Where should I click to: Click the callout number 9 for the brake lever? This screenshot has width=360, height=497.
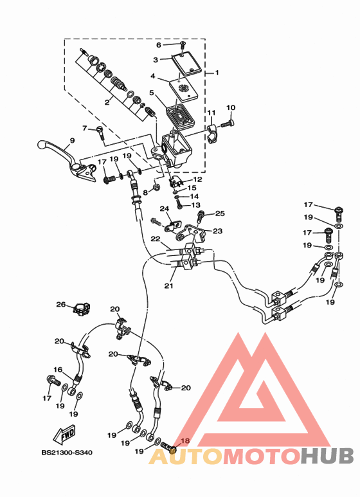click(x=72, y=140)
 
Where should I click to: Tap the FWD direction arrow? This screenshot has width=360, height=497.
click(x=64, y=435)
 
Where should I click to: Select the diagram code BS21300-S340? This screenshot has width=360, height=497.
click(x=67, y=453)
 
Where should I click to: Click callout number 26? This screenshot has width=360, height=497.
click(x=61, y=305)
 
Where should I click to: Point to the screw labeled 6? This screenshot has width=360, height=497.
click(x=183, y=45)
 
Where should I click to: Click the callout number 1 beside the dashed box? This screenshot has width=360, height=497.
click(x=217, y=73)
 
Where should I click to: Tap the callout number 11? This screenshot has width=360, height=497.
click(x=212, y=113)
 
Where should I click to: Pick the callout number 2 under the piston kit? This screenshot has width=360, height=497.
click(x=107, y=102)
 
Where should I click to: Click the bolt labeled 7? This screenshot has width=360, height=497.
click(x=100, y=132)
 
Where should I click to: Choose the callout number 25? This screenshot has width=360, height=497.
click(x=220, y=213)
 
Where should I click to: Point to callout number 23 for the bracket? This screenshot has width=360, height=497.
click(x=217, y=231)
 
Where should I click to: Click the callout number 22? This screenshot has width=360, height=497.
click(x=156, y=239)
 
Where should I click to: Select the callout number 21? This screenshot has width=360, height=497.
click(x=169, y=285)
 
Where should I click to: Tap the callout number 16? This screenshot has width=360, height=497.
click(x=58, y=370)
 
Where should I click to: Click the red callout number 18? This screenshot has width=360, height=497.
click(x=185, y=440)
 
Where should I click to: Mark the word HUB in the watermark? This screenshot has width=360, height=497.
click(x=327, y=456)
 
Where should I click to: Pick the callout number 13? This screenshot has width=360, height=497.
click(x=196, y=204)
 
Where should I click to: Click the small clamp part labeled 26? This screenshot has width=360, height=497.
click(x=82, y=309)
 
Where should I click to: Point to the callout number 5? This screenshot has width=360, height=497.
click(x=152, y=93)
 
